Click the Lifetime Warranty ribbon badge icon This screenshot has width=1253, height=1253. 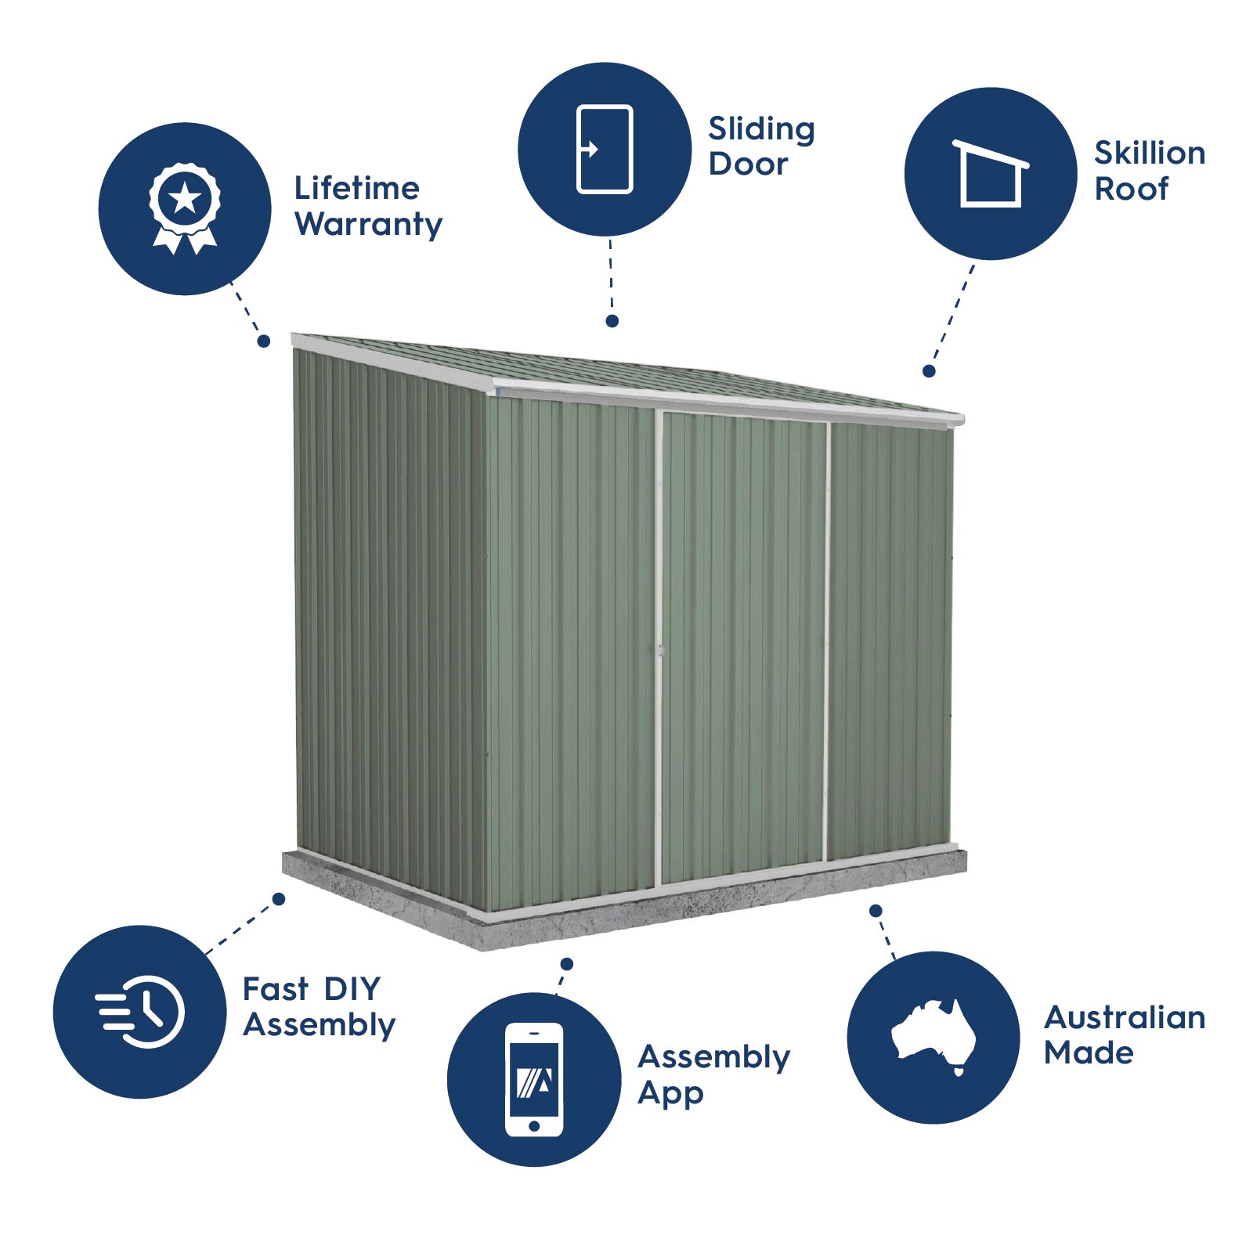[185, 208]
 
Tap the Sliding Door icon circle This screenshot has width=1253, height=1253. [605, 149]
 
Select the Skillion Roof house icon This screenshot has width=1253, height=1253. [991, 174]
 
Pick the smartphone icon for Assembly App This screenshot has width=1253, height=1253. [534, 1079]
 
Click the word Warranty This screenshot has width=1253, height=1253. [369, 225]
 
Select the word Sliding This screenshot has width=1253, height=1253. [761, 129]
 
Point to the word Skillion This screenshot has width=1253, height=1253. [1149, 153]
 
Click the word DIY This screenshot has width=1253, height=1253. [352, 989]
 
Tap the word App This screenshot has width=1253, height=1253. [670, 1093]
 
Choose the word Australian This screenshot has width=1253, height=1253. [1125, 1017]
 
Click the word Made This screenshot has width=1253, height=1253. [1089, 1053]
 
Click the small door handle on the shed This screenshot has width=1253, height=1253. [660, 650]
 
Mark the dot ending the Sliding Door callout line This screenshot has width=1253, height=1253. [612, 321]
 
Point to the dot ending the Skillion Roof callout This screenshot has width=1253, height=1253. [929, 371]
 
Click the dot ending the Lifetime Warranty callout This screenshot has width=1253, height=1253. [264, 341]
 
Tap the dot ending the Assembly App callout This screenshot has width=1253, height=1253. [567, 964]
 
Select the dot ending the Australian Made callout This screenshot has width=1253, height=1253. [876, 911]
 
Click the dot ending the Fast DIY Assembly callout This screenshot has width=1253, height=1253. [279, 899]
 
